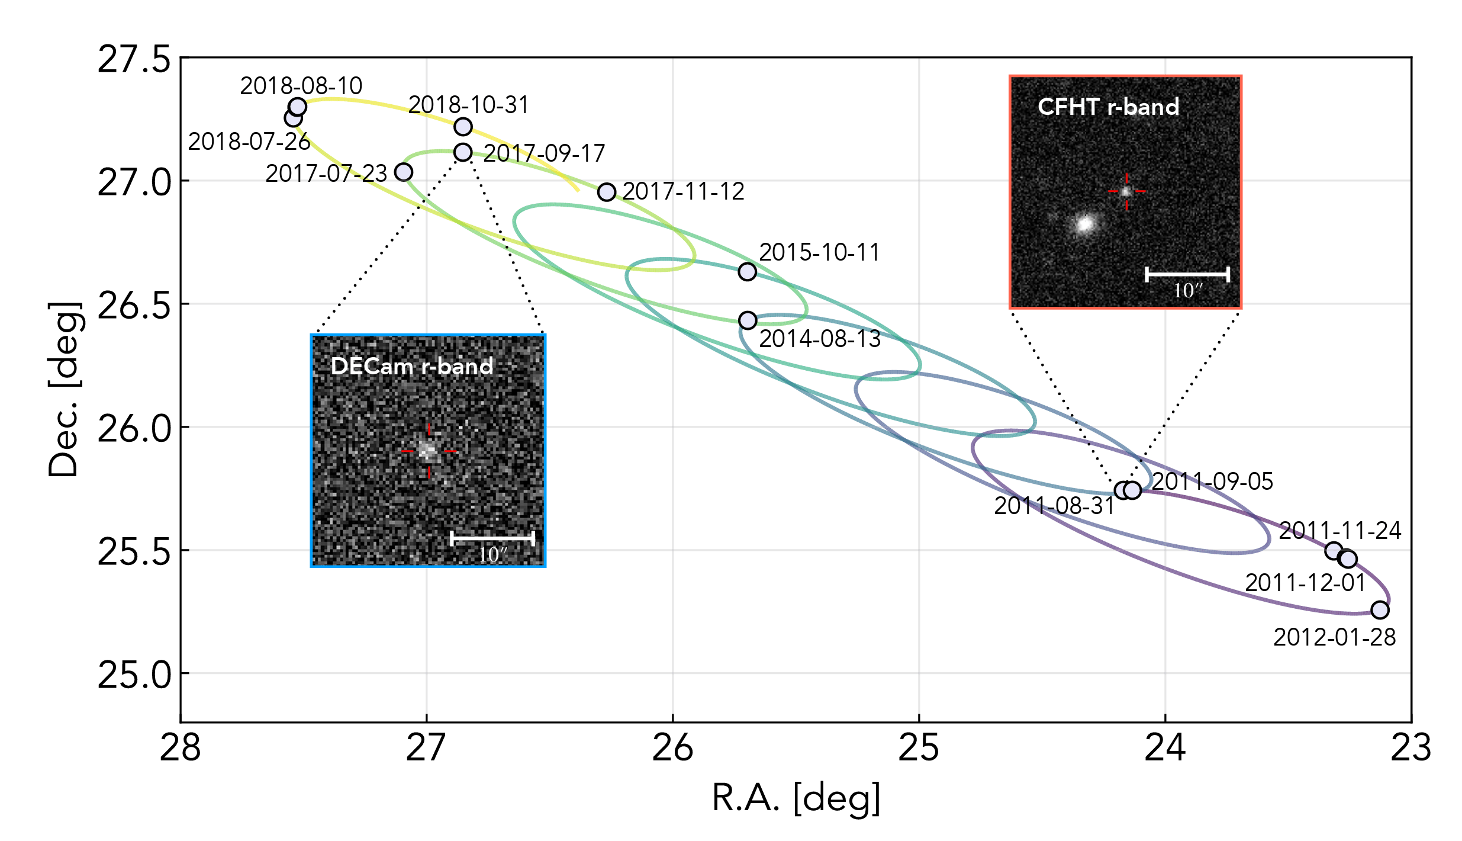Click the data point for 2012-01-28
click(x=1380, y=609)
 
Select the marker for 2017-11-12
click(x=607, y=192)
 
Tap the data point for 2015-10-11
click(x=748, y=271)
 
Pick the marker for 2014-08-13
click(x=748, y=320)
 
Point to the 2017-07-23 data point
click(x=404, y=172)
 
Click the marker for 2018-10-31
click(x=463, y=127)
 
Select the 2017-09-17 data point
click(x=463, y=152)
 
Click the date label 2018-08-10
click(x=301, y=86)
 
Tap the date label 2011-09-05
click(x=1212, y=482)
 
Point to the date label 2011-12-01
click(x=1305, y=583)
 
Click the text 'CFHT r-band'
click(x=1108, y=107)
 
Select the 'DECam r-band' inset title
click(x=412, y=367)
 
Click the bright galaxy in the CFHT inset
click(x=1085, y=224)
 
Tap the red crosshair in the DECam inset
click(x=429, y=451)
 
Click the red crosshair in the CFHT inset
click(x=1126, y=191)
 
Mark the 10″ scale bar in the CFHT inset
click(x=1187, y=274)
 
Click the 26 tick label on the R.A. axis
click(x=672, y=748)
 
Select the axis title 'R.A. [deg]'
click(x=796, y=798)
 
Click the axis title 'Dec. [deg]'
click(x=63, y=389)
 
